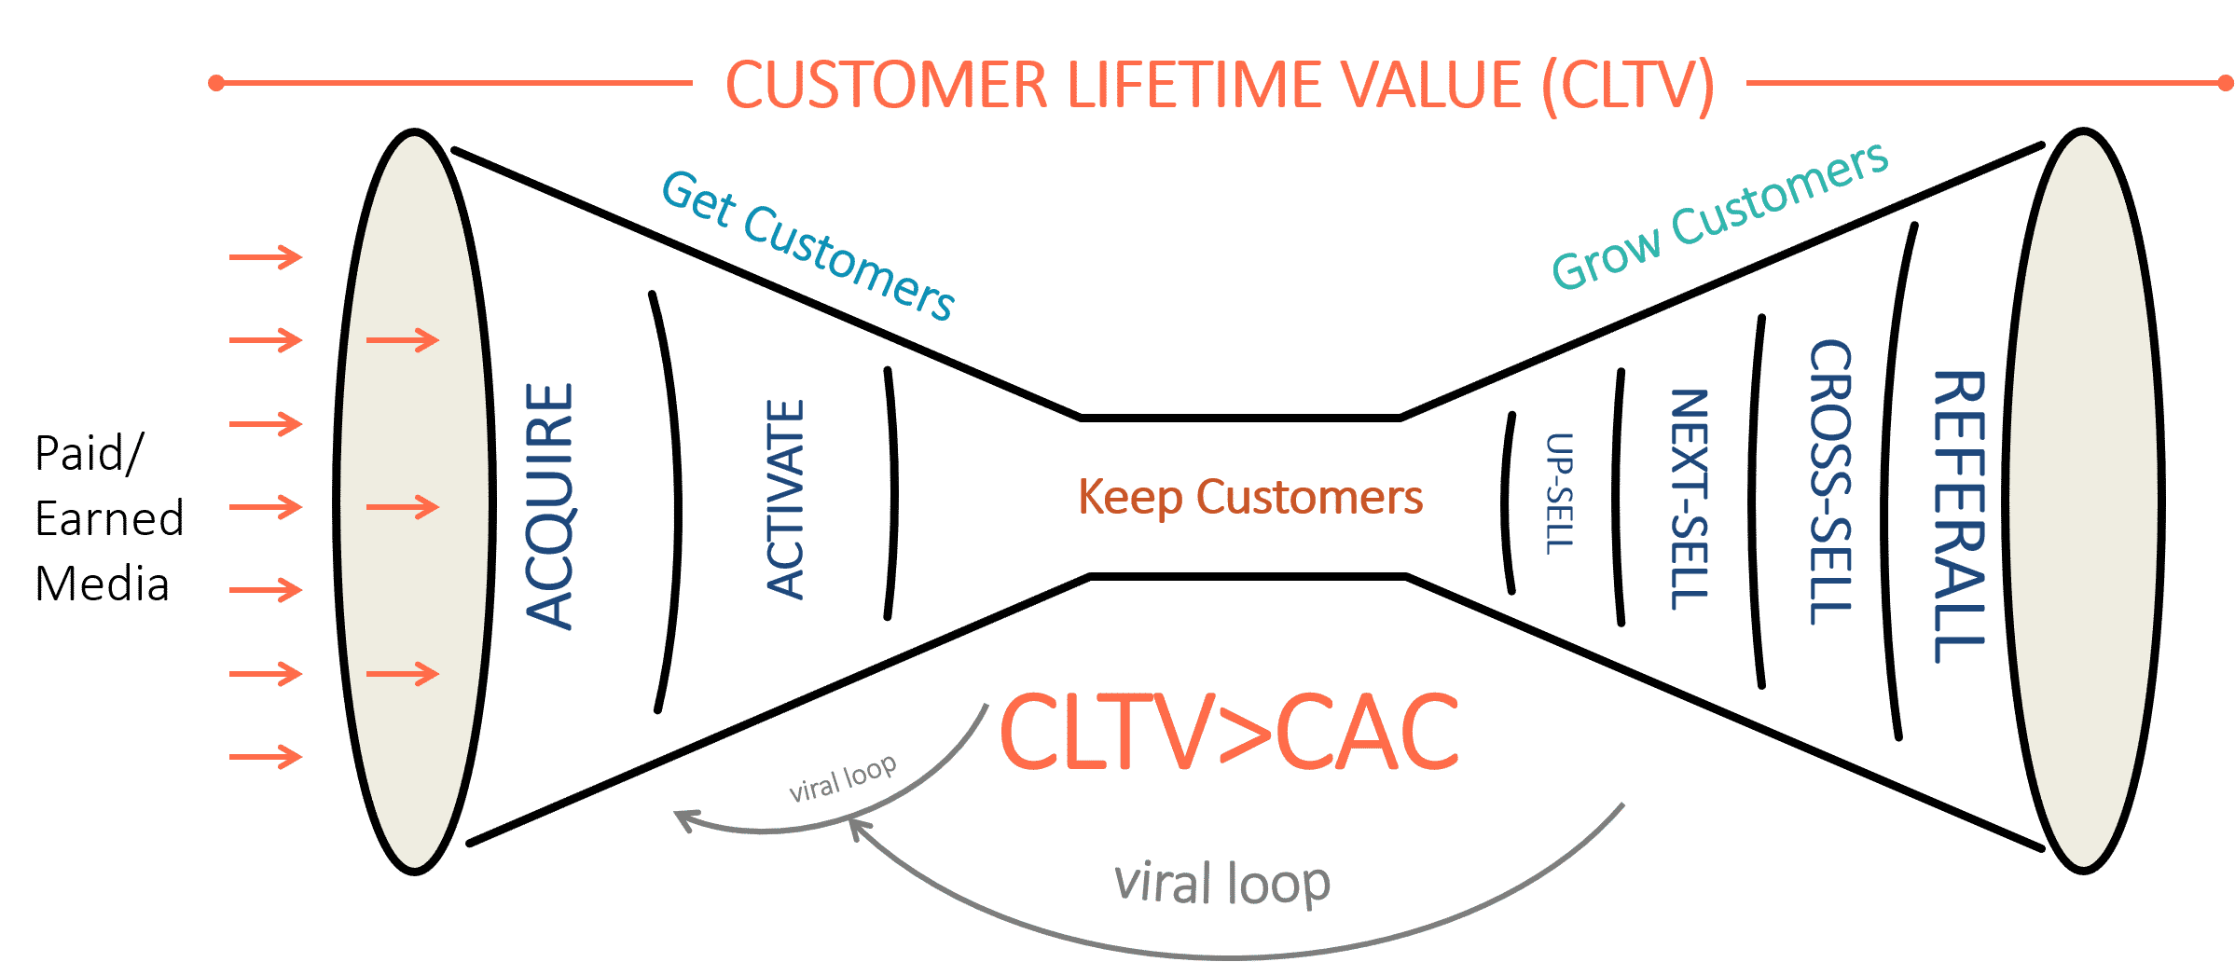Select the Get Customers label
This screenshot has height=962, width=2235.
(807, 244)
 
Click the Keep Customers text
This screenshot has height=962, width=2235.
(1249, 497)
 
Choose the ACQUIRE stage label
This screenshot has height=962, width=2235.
(549, 505)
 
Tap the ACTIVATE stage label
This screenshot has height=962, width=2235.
(785, 499)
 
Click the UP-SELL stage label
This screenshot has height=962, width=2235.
(1559, 493)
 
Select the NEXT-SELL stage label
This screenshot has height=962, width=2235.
(1689, 499)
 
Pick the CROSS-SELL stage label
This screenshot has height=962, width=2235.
(1829, 481)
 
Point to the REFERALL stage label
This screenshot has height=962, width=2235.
(1959, 515)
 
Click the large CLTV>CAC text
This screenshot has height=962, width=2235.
(1228, 733)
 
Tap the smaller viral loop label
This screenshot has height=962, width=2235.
(842, 777)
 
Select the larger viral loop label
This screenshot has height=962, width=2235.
(1221, 882)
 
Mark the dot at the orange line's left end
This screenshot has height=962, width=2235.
(216, 84)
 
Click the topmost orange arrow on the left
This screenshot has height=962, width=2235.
(266, 256)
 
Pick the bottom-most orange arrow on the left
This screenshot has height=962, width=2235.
(266, 756)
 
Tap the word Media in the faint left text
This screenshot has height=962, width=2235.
(103, 584)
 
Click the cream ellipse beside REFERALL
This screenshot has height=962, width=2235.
(2085, 503)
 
